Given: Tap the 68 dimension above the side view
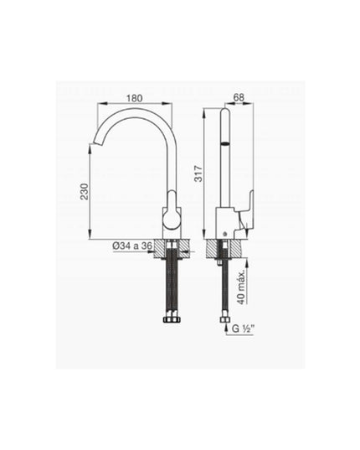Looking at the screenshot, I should tap(238, 97).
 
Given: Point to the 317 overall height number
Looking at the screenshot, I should tap(198, 172).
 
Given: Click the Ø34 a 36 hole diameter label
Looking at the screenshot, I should tap(133, 246).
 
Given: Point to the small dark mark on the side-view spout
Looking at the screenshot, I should tap(224, 145).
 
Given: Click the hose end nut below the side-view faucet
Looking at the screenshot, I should tap(223, 318).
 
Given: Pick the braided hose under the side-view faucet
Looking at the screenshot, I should tap(223, 281).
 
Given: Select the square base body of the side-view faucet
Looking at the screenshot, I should tap(225, 224).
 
